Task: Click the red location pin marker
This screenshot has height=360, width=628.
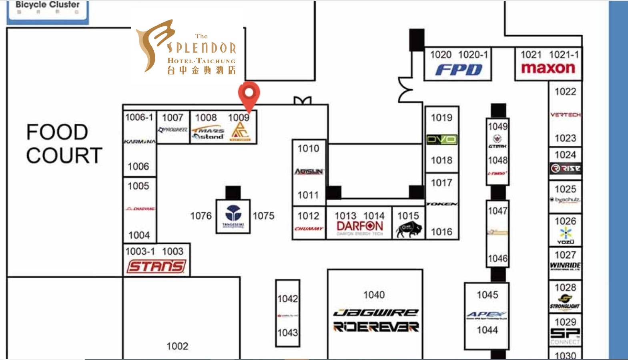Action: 249,94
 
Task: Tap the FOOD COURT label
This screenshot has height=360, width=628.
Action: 64,144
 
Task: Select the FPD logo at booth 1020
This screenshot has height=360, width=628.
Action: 459,70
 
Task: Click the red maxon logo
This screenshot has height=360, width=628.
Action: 548,68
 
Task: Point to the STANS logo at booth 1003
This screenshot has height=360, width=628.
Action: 156,266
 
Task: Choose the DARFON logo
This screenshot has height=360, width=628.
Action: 360,226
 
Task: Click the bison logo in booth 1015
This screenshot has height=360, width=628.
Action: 408,230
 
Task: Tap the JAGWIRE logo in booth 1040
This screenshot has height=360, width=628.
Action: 375,312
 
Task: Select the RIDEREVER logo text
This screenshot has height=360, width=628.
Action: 375,327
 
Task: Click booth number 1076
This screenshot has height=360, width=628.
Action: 201,216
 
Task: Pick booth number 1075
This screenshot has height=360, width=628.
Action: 263,216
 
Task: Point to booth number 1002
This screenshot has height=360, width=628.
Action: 177,346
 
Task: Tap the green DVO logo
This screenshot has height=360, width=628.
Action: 442,139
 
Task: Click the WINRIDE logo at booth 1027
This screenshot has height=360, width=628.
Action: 565,265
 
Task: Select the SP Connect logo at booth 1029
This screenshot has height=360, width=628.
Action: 565,335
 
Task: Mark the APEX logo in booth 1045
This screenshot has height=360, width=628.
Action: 487,315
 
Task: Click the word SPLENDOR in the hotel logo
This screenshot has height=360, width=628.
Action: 201,48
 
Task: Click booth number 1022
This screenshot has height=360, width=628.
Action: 565,92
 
